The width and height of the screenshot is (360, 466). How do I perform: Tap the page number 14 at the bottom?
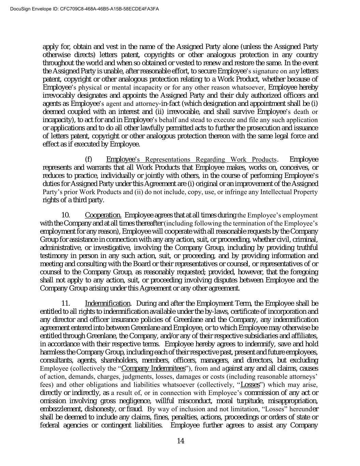pos(181,441)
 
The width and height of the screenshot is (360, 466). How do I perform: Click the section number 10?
pos(66,215)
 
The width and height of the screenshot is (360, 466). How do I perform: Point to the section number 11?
pos(66,303)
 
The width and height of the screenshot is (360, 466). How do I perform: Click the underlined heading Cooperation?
pos(103,215)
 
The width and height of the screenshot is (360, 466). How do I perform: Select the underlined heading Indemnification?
pos(107,303)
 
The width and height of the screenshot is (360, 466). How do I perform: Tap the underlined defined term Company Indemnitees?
pos(153,368)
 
